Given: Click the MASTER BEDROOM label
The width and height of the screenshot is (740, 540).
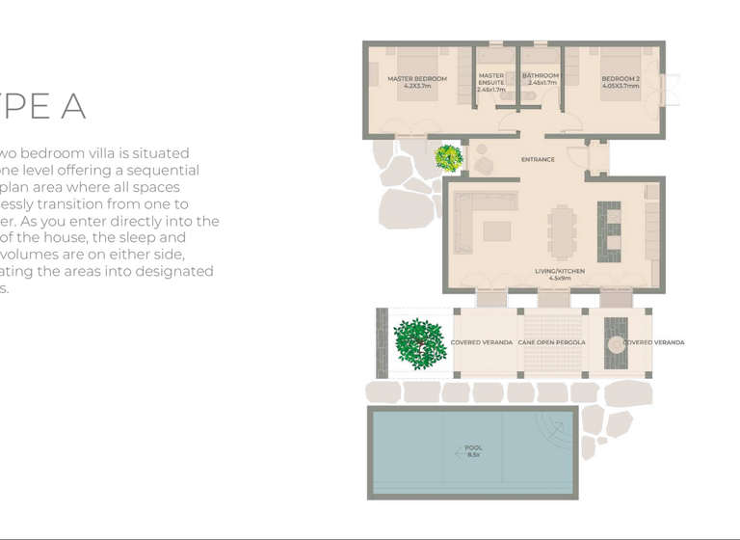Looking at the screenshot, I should point(417,79).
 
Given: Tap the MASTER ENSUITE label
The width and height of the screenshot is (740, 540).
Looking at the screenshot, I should point(491,79).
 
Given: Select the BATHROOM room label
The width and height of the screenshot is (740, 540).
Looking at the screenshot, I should point(541,75).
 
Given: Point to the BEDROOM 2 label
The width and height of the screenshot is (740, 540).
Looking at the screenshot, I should point(621,79).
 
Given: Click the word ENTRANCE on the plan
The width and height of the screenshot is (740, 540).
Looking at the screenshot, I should point(538,159).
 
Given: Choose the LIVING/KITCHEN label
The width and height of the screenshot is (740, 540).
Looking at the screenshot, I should point(560,271).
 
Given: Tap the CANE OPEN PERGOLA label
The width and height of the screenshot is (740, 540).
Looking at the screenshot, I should point(552,342).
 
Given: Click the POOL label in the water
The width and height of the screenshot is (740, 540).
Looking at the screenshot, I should point(474,447).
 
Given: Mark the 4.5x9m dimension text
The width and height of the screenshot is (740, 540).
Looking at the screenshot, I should point(560,280).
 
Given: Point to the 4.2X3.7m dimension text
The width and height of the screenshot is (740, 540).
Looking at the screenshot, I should point(417,87).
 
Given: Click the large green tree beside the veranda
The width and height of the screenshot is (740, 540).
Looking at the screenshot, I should point(419,342).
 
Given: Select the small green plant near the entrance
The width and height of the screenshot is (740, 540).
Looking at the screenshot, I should point(448,157).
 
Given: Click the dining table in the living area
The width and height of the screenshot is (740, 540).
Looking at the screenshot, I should point(560,231).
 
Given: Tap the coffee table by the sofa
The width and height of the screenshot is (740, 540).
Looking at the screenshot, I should point(497,231).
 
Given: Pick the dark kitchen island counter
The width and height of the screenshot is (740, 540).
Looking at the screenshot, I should point(609,231).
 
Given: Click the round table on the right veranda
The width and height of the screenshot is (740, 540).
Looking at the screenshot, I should point(616,342).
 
